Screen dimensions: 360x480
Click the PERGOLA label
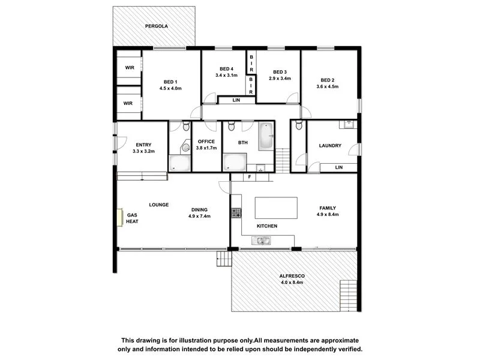coord(155,26)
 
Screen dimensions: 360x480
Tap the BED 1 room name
coord(170,82)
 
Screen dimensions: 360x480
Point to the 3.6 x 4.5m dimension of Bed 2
coord(327,87)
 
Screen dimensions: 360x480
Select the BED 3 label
coord(280,72)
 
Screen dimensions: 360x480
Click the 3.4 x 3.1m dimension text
coord(226,76)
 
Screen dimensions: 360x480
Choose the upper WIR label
coord(129,68)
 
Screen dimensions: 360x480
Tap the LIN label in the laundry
coord(339,167)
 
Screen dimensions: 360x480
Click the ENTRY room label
coord(143,145)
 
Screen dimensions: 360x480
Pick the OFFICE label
coord(206,142)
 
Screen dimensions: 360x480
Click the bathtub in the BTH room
coord(266,137)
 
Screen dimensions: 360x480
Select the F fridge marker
coord(249,177)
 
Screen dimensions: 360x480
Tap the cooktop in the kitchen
coord(236,212)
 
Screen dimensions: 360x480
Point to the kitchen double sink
coord(262,241)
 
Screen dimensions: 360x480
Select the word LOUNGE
coord(159,205)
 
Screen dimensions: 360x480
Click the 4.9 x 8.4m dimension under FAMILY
coord(327,215)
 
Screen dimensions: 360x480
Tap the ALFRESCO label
coord(292,276)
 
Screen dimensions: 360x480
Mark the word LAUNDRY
coord(330,146)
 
